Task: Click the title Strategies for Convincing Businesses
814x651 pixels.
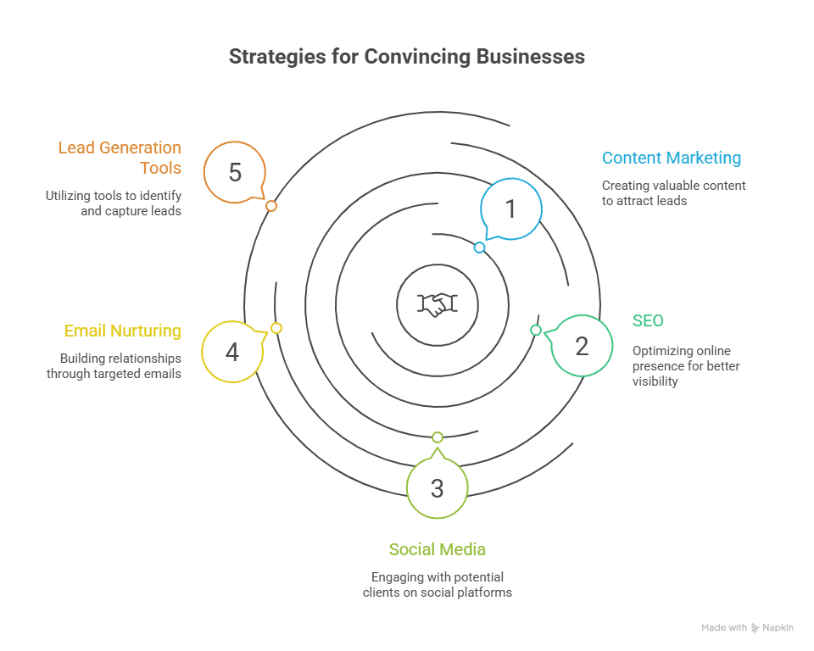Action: click(x=407, y=57)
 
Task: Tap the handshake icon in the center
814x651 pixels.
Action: click(x=438, y=304)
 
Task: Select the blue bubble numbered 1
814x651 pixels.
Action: click(x=510, y=209)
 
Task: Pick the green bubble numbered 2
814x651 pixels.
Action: click(x=582, y=345)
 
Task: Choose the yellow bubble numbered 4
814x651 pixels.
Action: click(x=231, y=351)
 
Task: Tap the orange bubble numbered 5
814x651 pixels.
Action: click(x=235, y=172)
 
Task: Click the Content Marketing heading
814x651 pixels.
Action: click(x=671, y=158)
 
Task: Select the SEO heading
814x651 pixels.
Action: click(x=648, y=320)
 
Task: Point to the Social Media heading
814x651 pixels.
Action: click(x=437, y=549)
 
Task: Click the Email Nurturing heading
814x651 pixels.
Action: click(x=122, y=331)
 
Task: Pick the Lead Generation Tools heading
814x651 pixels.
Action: click(x=120, y=158)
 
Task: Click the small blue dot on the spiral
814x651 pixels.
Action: click(x=479, y=248)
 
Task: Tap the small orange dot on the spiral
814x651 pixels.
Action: click(x=271, y=206)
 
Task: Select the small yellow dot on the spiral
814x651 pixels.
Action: click(x=276, y=328)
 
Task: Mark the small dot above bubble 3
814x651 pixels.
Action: click(x=438, y=437)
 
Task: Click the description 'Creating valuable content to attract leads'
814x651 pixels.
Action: click(x=673, y=193)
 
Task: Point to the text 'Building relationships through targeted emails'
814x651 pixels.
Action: click(x=114, y=366)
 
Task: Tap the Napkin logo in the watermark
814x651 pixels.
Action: click(x=755, y=628)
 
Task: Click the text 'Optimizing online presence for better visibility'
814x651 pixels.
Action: click(x=686, y=366)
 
